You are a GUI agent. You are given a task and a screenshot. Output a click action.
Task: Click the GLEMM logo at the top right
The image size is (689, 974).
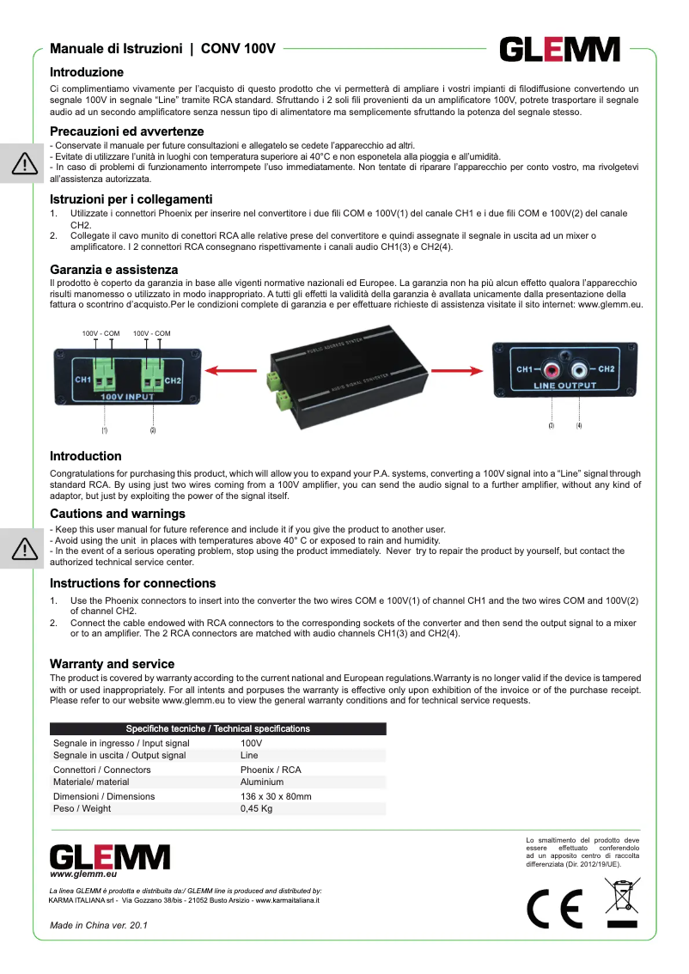pos(560,49)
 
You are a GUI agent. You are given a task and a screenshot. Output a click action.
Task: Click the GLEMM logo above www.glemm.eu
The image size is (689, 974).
pos(109,856)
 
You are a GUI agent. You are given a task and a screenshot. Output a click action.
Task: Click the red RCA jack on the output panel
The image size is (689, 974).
pos(550,370)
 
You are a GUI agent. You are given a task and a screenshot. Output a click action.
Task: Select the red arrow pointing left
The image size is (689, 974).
pos(233,371)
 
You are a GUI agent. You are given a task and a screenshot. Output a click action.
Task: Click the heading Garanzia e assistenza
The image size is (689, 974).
pos(113,270)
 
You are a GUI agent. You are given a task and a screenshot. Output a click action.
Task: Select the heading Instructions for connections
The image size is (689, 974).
pos(132,583)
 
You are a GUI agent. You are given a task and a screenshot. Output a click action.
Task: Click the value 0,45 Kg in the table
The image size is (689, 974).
pos(256,808)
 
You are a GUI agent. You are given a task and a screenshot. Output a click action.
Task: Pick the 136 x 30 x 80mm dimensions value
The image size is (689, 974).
pos(276,796)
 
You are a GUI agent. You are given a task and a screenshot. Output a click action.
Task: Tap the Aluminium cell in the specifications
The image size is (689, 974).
pos(262,782)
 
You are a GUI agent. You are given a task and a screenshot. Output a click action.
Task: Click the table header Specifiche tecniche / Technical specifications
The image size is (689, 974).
pos(217,728)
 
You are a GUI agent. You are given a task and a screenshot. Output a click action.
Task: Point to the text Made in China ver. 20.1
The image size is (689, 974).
pos(99,925)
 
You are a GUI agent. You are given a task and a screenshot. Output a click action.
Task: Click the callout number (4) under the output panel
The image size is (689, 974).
pos(579,425)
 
